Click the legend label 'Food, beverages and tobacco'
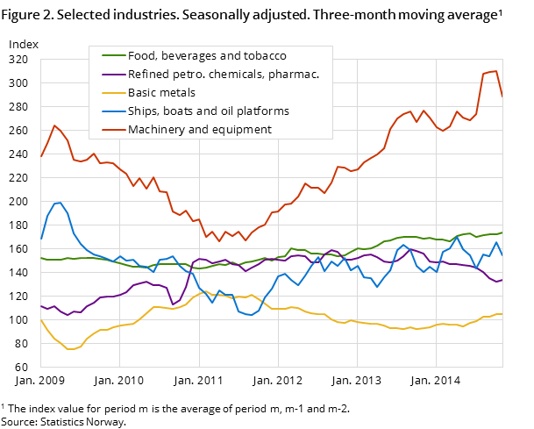tap(207, 55)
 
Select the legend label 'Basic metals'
tap(161, 92)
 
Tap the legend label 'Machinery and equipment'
tap(200, 130)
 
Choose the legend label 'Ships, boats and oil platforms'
tap(209, 111)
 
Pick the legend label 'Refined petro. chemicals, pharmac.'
tap(224, 74)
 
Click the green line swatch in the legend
tap(112, 55)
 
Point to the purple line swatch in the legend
tap(112, 74)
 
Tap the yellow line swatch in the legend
tap(112, 92)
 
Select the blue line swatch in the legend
tap(112, 111)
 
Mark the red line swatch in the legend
tap(112, 130)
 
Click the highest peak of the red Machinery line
tap(495, 71)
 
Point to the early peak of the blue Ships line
tap(60, 203)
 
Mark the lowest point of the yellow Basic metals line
tap(69, 349)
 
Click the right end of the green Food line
tap(502, 232)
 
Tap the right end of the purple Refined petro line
tap(502, 280)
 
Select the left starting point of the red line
tap(41, 157)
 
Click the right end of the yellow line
tap(502, 314)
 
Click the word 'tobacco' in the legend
tap(265, 55)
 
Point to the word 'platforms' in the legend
tap(261, 111)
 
